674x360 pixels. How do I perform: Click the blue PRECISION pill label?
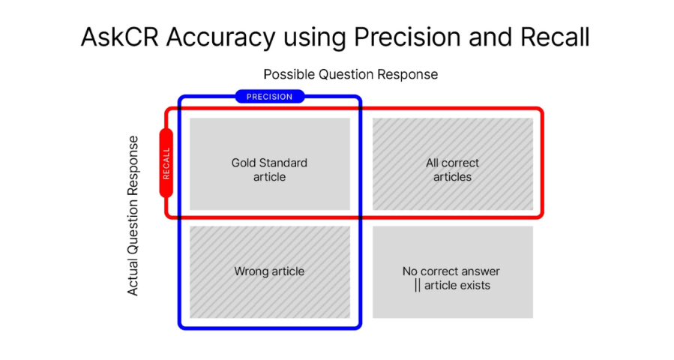(270, 97)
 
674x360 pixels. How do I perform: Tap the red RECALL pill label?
(166, 163)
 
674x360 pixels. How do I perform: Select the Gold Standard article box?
(269, 164)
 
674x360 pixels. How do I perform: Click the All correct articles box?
(452, 164)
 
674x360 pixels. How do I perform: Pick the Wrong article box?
(269, 271)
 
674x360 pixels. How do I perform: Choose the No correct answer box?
(452, 272)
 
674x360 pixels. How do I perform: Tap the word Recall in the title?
(556, 37)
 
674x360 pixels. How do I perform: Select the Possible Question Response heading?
(350, 74)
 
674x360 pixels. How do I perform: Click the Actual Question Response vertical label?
(133, 215)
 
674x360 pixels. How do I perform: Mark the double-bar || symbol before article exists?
(417, 286)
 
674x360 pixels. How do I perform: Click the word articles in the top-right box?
(452, 177)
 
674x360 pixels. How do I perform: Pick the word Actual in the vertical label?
(133, 278)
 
